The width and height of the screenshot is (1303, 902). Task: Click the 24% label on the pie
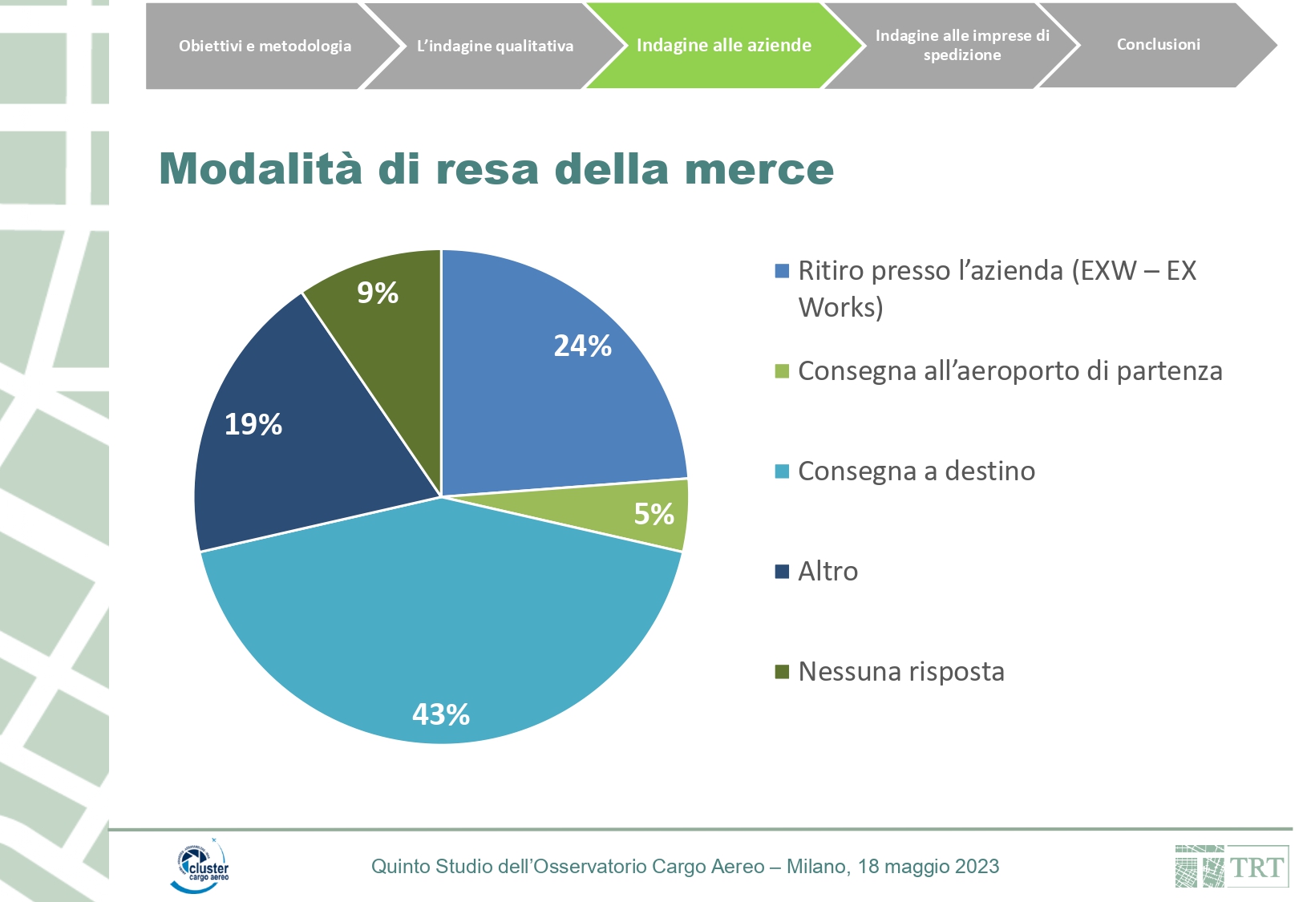click(x=582, y=346)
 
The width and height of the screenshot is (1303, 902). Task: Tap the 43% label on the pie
click(x=440, y=714)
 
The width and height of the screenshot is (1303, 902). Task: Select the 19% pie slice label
click(x=253, y=424)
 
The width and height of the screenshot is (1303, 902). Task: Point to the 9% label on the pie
click(x=378, y=293)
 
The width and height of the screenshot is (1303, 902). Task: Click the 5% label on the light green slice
click(x=654, y=514)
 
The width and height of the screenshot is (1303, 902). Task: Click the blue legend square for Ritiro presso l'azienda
click(x=782, y=271)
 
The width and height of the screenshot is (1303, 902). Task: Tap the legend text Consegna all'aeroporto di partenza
click(x=1010, y=371)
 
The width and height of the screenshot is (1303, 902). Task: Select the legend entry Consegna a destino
click(x=916, y=471)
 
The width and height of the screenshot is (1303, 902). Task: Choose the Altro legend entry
click(x=828, y=572)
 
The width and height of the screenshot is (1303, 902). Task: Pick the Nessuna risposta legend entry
click(x=900, y=672)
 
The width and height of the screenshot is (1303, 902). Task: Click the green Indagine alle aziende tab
click(x=723, y=46)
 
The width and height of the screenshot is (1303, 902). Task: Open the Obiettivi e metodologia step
click(x=265, y=46)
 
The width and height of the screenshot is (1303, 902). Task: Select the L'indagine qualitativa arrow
click(x=495, y=46)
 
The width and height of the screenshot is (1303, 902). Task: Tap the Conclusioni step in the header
click(x=1158, y=45)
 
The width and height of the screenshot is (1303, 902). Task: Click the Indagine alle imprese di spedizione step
click(x=961, y=45)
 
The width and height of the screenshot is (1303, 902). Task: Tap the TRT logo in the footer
click(x=1232, y=867)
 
